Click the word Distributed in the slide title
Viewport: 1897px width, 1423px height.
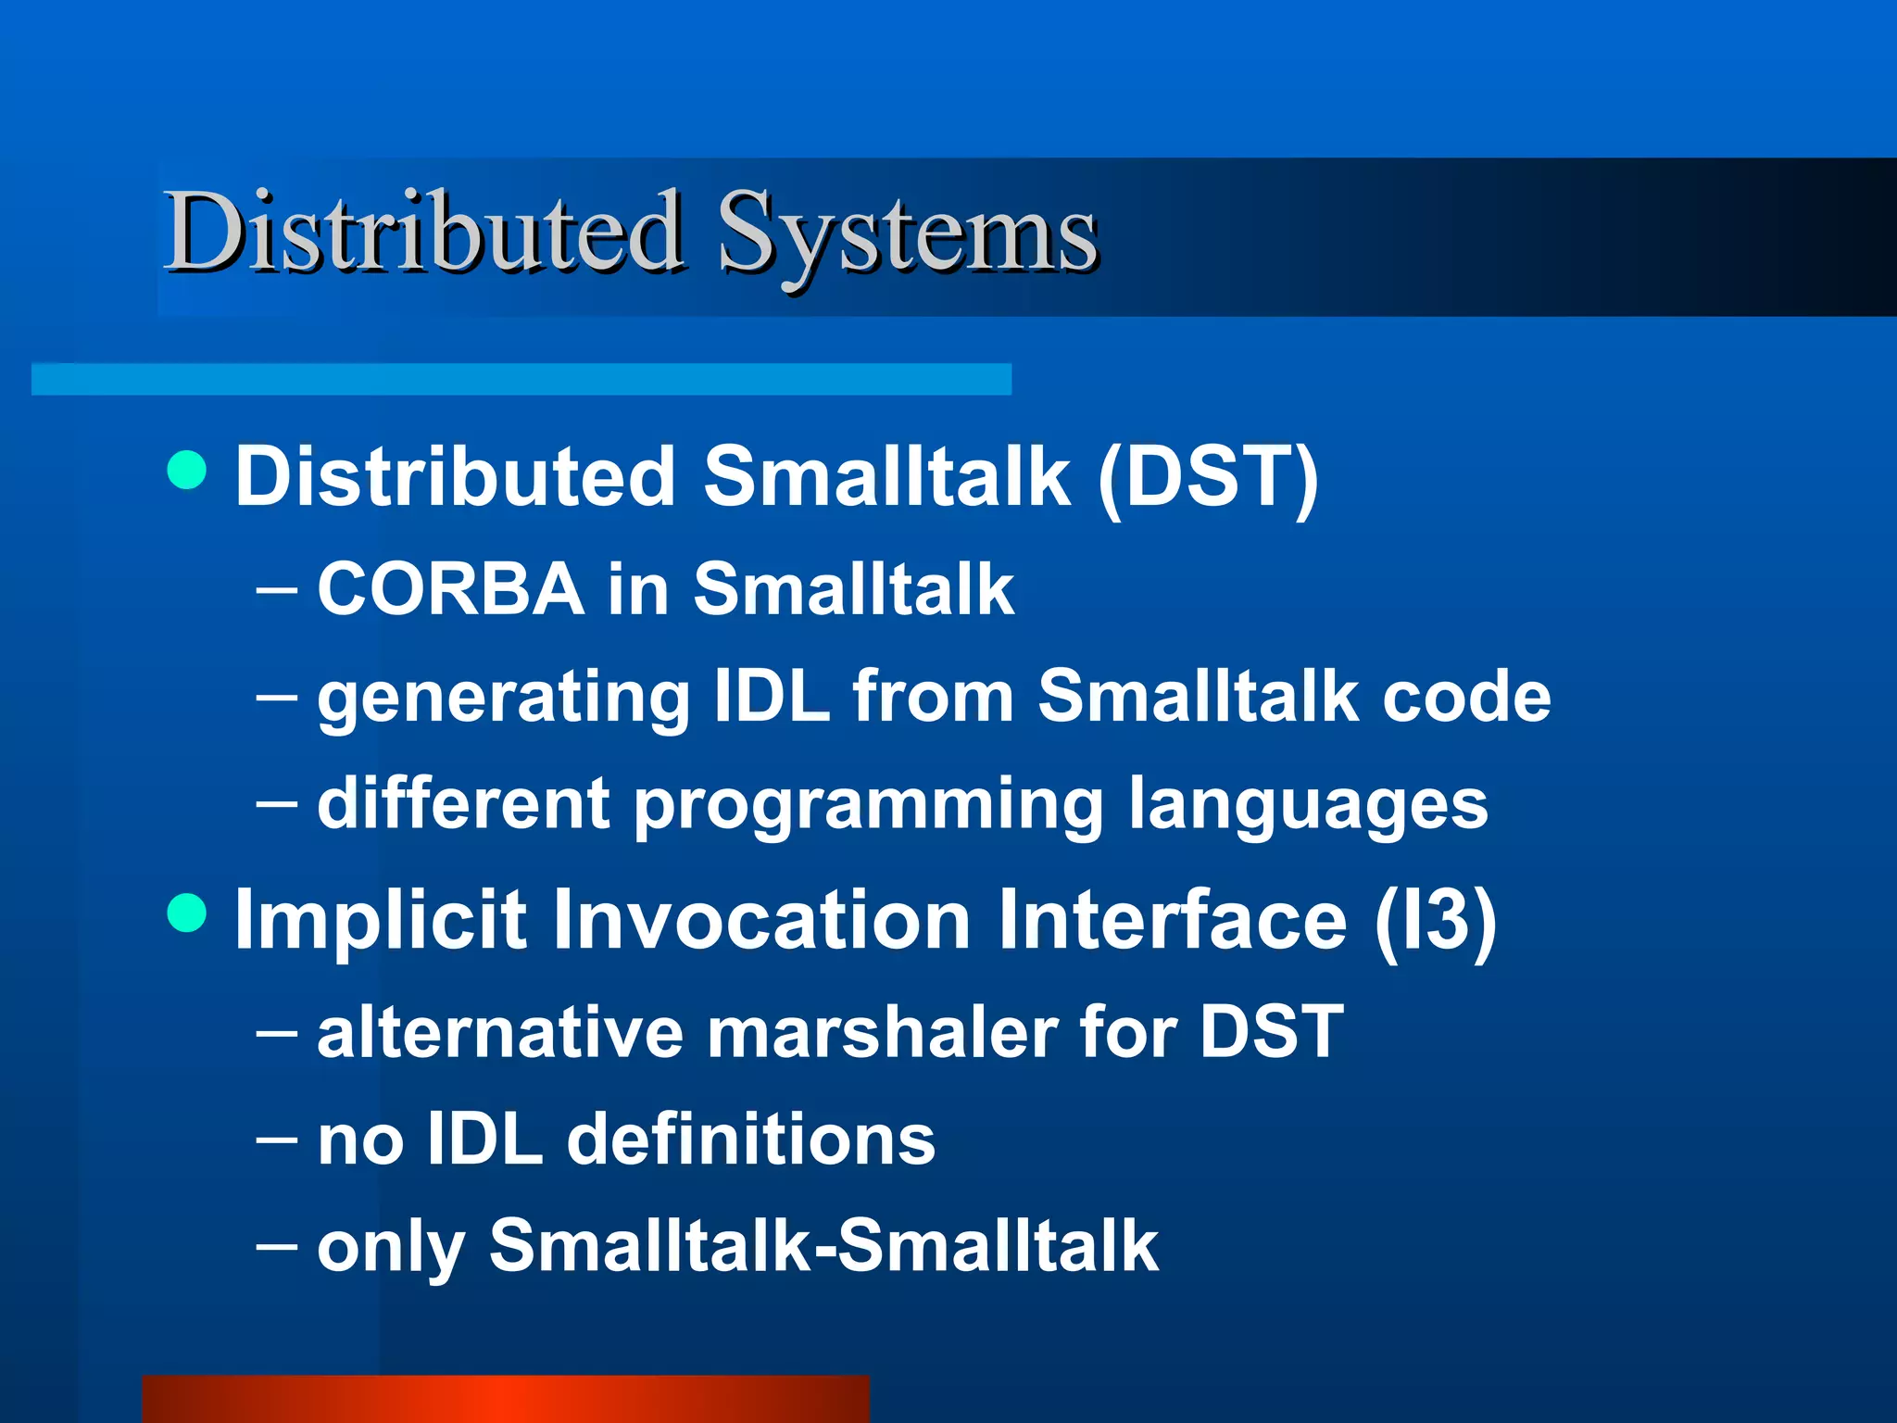424,232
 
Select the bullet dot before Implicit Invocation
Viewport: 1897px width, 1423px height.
187,913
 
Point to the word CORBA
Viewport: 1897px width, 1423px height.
450,589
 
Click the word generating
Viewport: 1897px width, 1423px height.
503,699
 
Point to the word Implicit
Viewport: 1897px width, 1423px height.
380,921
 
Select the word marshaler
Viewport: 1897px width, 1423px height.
882,1032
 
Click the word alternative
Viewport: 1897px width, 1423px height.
500,1032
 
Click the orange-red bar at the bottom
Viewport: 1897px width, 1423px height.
506,1399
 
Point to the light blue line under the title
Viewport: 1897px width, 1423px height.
521,379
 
